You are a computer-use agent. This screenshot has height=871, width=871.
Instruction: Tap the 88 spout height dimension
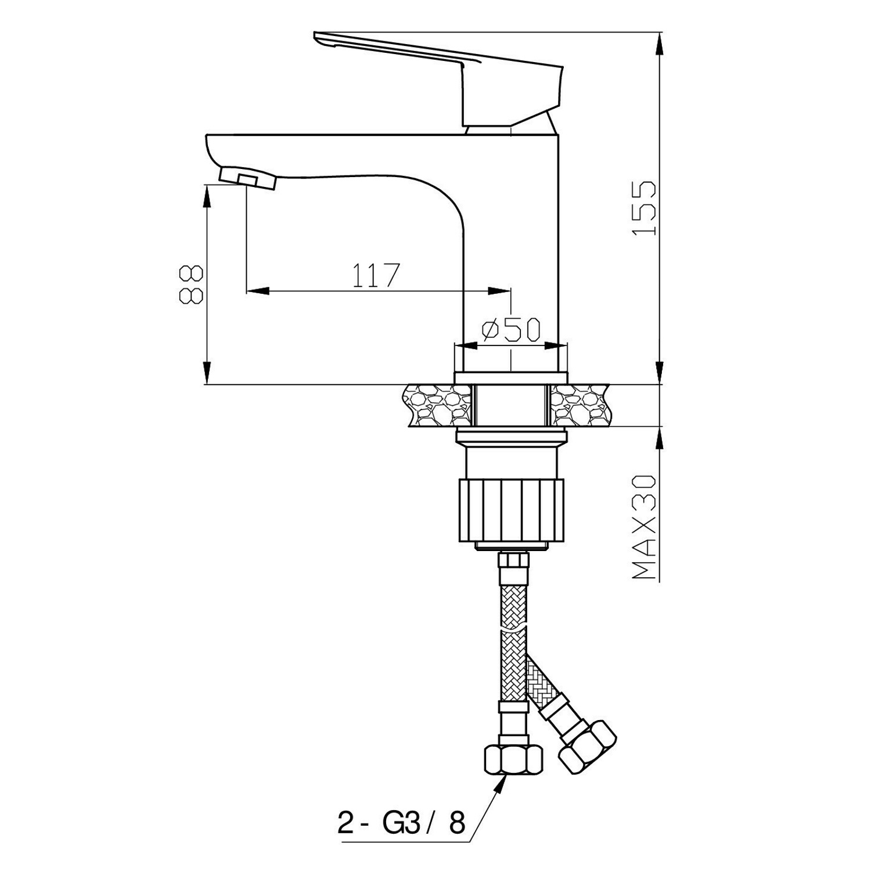pyautogui.click(x=191, y=285)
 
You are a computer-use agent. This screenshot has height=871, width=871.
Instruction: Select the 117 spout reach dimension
pyautogui.click(x=377, y=275)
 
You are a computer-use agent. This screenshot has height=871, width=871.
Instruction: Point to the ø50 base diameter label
pyautogui.click(x=511, y=329)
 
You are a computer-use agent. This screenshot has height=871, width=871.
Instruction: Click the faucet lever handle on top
pyautogui.click(x=438, y=78)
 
